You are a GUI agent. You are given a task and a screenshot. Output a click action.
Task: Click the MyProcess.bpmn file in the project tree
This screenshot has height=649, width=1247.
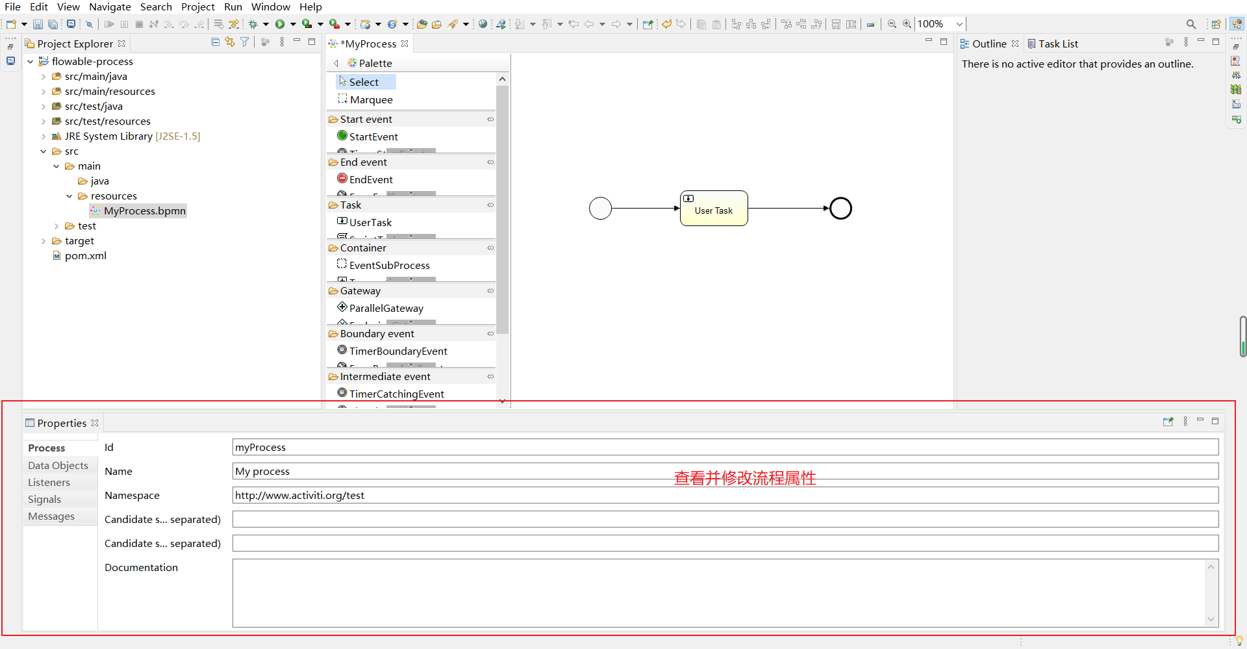[x=144, y=211]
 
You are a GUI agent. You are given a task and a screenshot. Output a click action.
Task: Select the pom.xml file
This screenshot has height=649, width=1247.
[x=85, y=256]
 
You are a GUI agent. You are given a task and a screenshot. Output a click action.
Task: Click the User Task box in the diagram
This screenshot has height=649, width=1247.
[x=713, y=209]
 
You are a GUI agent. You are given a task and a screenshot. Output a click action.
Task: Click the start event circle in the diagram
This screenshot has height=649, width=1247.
[x=600, y=209]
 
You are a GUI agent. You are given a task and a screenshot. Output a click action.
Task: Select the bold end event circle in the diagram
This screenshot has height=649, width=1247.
[x=840, y=209]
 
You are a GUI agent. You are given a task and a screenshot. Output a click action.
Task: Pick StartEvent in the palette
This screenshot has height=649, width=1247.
[x=373, y=137]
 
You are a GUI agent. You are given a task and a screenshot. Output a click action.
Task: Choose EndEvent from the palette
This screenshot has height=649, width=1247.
[x=370, y=180]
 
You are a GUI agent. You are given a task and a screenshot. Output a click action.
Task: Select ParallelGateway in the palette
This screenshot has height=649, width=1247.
[x=386, y=309]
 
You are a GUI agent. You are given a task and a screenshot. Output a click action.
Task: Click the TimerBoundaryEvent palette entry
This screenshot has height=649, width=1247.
[x=397, y=351]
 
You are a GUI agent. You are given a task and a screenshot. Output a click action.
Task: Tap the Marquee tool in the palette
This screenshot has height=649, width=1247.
[x=371, y=100]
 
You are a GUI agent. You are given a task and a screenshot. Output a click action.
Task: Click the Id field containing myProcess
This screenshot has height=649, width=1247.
[x=725, y=448]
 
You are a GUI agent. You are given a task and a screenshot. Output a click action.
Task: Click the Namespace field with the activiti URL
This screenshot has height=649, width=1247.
[x=725, y=496]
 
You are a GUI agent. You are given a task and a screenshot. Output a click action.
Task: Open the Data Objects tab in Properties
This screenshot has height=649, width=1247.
[x=58, y=466]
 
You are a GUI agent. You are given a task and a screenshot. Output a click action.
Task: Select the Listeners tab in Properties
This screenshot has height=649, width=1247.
[x=49, y=483]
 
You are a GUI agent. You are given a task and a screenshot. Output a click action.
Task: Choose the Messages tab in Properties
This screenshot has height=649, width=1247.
[x=51, y=516]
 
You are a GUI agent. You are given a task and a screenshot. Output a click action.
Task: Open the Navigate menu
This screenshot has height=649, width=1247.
[x=110, y=7]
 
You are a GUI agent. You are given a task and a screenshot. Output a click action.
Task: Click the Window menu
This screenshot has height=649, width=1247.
[x=270, y=7]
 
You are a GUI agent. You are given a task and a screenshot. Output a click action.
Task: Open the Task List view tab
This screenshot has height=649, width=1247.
[x=1057, y=44]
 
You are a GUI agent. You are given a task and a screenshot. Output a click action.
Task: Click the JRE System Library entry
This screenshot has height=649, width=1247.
[x=132, y=136]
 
